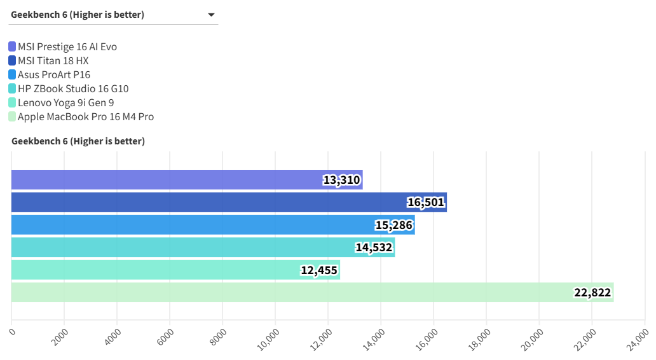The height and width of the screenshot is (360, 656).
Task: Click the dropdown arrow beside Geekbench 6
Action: (x=211, y=15)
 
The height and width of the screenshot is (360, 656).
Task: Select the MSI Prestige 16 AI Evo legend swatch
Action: (x=12, y=46)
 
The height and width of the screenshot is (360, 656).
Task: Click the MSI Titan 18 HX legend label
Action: (x=53, y=61)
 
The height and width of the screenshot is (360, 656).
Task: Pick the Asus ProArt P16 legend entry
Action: (x=54, y=75)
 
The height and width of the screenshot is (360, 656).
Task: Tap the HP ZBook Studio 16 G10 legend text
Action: (x=73, y=89)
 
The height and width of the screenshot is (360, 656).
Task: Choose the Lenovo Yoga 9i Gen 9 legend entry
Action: (x=65, y=103)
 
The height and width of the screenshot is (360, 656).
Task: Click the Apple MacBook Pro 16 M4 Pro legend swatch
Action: (x=12, y=117)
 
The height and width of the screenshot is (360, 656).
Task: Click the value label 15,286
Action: (x=393, y=225)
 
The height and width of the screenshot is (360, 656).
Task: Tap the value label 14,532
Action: (x=374, y=247)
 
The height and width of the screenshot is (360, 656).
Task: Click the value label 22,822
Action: (x=592, y=293)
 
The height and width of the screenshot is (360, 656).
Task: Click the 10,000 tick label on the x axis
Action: (x=270, y=337)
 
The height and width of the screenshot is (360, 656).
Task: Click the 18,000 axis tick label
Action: (x=481, y=337)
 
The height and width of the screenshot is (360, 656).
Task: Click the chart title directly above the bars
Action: (x=78, y=141)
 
